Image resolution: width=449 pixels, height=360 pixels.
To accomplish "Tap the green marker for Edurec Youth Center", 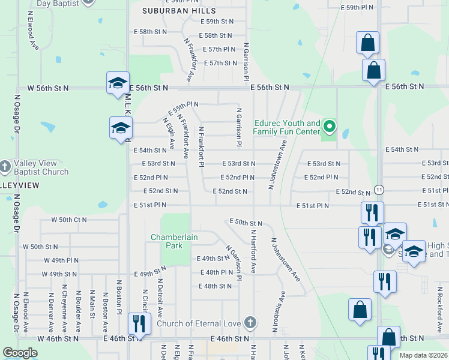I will point(329,127).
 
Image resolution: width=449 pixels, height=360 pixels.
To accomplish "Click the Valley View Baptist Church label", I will point(41,167).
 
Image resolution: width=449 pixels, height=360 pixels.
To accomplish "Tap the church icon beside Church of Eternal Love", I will point(250,324).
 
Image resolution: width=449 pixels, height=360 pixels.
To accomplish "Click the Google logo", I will point(20,353).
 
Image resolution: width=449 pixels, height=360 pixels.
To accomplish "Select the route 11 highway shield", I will point(378,189).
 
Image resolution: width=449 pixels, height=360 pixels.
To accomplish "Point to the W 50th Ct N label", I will point(69,220).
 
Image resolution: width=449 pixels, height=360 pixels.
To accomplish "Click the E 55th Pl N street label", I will point(182,108).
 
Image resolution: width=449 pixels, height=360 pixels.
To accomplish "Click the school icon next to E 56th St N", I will point(118,83).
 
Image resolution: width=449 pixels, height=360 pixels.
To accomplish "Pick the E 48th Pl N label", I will point(216,272).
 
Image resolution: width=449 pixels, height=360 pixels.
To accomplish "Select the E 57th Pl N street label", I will point(219,49).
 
